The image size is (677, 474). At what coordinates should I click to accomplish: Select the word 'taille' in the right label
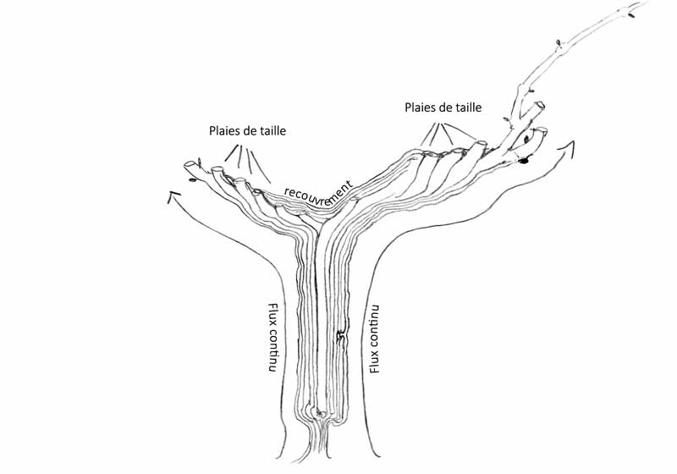click(x=465, y=107)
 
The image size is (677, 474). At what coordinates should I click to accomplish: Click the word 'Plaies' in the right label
click(x=422, y=107)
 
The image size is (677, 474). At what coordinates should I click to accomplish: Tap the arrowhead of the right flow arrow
click(x=565, y=148)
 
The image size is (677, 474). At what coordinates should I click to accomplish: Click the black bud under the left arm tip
click(x=193, y=179)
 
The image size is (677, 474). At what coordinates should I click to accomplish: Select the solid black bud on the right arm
click(x=525, y=160)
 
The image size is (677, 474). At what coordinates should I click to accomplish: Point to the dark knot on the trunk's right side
click(x=340, y=338)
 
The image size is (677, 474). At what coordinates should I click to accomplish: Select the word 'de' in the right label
click(x=446, y=107)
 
